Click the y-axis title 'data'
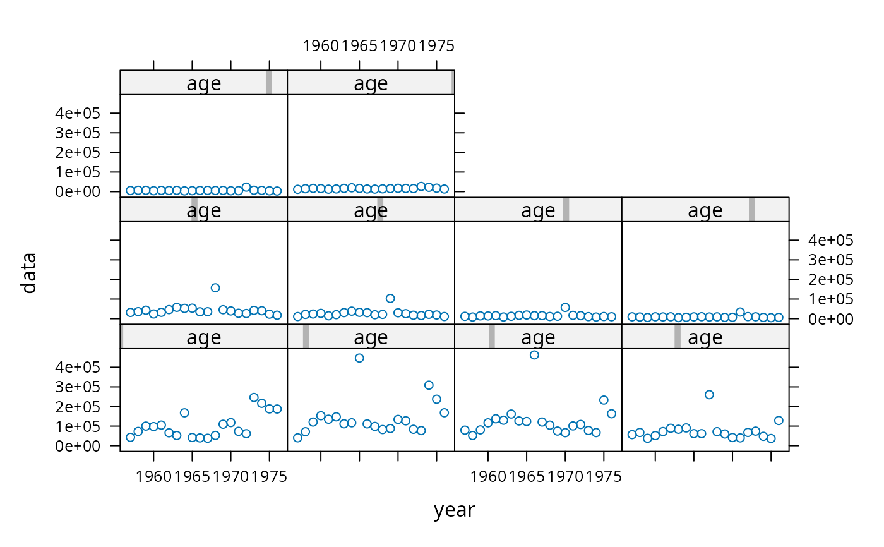pos(29,273)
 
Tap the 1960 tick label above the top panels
pos(321,46)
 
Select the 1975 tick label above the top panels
pos(436,46)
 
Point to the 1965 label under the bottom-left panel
pos(192,477)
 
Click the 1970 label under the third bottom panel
pos(565,477)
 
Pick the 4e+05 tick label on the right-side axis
pos(831,240)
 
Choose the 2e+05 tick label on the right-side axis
pos(831,279)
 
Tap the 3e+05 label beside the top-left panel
pos(78,133)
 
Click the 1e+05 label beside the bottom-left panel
pos(78,426)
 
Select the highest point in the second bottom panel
pos(359,358)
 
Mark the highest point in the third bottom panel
pos(534,355)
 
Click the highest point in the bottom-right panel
pos(708,395)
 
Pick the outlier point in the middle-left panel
pos(215,287)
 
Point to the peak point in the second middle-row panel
pos(390,298)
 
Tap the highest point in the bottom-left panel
pos(254,397)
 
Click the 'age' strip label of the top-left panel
pos(203,83)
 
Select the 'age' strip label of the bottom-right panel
pos(705,337)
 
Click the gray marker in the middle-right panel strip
pos(752,210)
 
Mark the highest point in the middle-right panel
pos(740,312)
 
